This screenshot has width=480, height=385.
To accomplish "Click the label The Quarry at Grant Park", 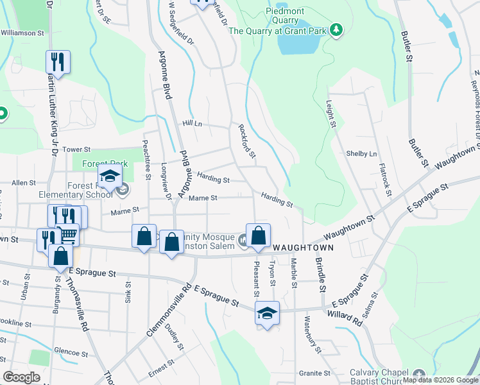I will pyautogui.click(x=277, y=30).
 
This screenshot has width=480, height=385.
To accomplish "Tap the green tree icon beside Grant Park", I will pyautogui.click(x=335, y=30).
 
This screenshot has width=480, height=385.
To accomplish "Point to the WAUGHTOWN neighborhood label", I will pyautogui.click(x=300, y=247).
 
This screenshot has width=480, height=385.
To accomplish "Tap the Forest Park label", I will pyautogui.click(x=105, y=164).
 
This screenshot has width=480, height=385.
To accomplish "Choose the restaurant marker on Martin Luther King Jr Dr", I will pyautogui.click(x=58, y=62).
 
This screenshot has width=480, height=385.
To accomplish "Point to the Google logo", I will pyautogui.click(x=21, y=377).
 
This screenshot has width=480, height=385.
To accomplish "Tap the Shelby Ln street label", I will pyautogui.click(x=361, y=154).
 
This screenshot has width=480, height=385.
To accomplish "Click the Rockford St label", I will pyautogui.click(x=247, y=141).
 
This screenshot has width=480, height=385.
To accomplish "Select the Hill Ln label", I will pyautogui.click(x=192, y=124).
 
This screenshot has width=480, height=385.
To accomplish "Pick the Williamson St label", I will pyautogui.click(x=22, y=32).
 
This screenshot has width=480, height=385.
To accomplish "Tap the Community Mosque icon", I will pyautogui.click(x=244, y=241).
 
